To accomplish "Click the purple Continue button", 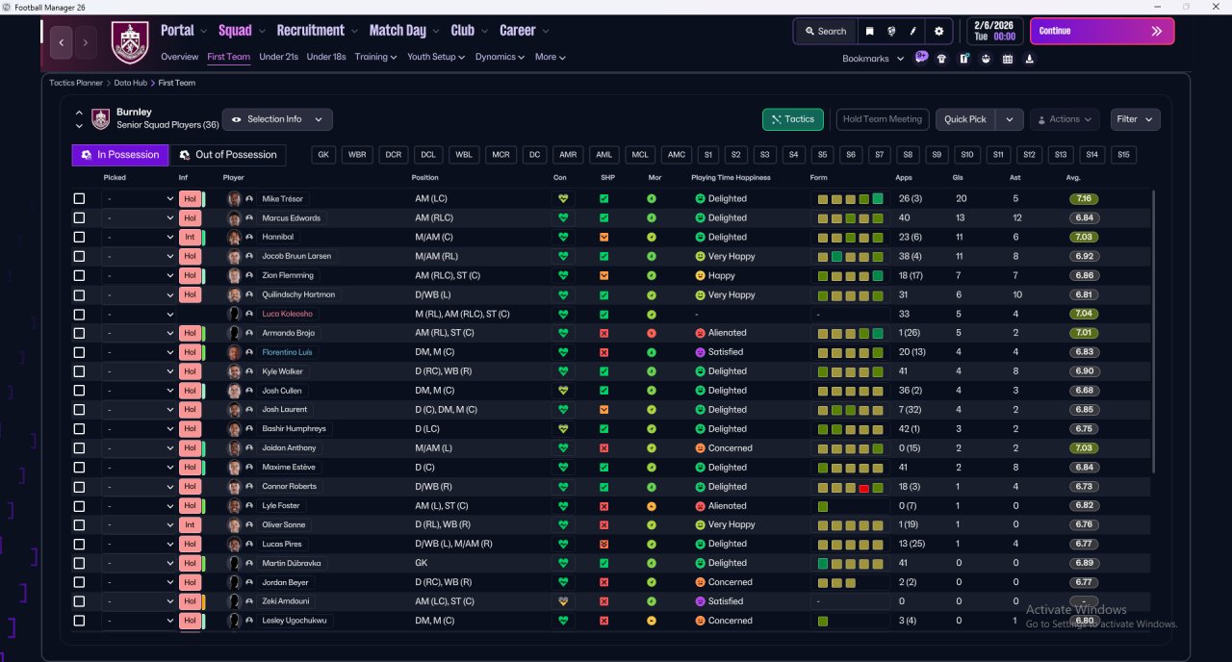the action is click(1102, 31).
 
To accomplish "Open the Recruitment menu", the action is click(310, 31).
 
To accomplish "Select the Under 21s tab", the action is click(278, 57).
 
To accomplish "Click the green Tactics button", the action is click(792, 119).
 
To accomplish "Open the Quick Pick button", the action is click(964, 119).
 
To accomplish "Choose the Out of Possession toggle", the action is click(228, 155).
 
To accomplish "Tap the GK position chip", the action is click(323, 155).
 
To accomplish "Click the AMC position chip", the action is click(676, 155).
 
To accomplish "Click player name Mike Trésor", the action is click(282, 198).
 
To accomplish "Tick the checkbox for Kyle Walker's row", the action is click(79, 371).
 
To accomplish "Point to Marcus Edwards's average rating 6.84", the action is click(1084, 217).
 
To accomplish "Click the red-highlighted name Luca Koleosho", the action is click(287, 314).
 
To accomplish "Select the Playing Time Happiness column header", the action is click(731, 178).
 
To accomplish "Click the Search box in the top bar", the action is click(826, 32).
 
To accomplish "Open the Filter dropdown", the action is click(1135, 119).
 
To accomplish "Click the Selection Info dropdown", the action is click(277, 119).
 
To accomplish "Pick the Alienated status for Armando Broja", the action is click(721, 333).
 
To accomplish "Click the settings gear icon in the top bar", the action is click(938, 32).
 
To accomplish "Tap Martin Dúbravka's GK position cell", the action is click(422, 563).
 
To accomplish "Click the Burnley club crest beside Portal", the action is click(130, 42).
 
